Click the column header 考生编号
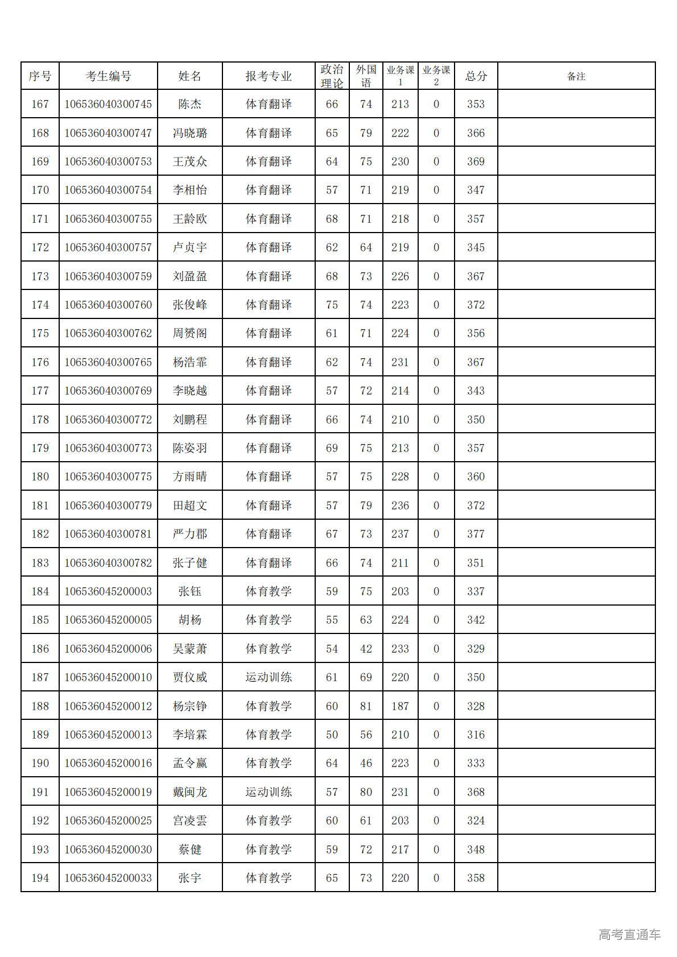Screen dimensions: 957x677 coord(108,76)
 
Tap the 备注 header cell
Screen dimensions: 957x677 coord(576,76)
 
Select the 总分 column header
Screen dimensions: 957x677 coord(476,76)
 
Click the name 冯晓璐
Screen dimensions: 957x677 coord(190,133)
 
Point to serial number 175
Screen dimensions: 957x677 coord(40,333)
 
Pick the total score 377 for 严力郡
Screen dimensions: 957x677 coord(476,534)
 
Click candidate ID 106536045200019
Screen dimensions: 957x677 coord(108,792)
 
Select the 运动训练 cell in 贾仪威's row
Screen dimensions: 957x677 coord(269,677)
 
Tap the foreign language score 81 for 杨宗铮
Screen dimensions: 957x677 coord(366,706)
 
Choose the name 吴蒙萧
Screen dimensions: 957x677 coord(190,649)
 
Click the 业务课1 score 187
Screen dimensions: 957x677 coord(400,706)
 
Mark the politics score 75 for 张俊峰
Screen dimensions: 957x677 coord(332,305)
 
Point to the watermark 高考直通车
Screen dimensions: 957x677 coord(629,934)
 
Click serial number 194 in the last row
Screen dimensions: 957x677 coord(40,878)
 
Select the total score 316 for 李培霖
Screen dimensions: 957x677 coord(476,735)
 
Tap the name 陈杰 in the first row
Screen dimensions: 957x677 coord(190,104)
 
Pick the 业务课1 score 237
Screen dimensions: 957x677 coord(400,534)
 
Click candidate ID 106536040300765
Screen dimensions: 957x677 coord(108,362)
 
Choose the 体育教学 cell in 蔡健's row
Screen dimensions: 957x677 coord(269,850)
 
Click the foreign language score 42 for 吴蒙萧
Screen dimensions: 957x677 coord(366,649)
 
